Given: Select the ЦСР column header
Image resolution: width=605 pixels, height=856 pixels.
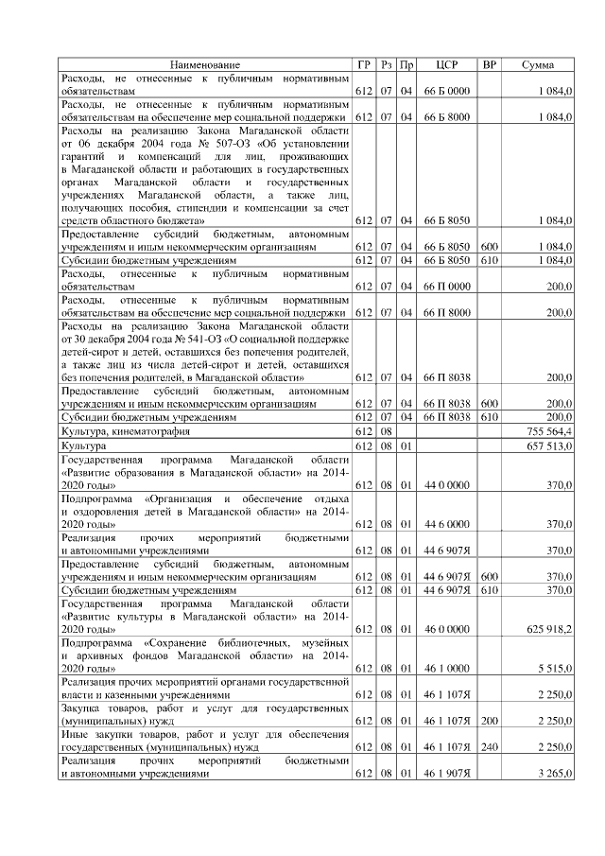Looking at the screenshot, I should coord(447,64).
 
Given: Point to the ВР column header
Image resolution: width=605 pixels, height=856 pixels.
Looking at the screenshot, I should coord(489,64).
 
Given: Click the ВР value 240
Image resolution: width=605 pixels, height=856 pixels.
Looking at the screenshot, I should coord(489,746).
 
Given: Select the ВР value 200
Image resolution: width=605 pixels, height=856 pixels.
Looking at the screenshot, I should coord(489,720).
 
